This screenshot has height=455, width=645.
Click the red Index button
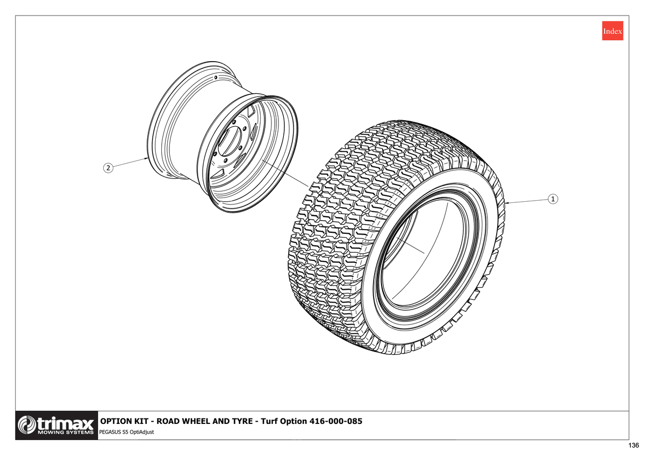click(612, 31)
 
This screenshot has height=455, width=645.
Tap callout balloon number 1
click(553, 199)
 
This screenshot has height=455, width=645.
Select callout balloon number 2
click(108, 168)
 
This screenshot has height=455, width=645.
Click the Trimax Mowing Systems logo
click(56, 425)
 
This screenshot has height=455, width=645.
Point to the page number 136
click(634, 445)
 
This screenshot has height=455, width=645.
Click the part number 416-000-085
click(336, 421)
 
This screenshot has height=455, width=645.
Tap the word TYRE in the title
click(240, 421)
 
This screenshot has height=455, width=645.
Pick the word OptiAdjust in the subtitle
click(142, 432)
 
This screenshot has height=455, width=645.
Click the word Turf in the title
click(269, 421)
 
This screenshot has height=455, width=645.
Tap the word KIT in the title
click(142, 421)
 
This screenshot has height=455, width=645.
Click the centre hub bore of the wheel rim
click(230, 142)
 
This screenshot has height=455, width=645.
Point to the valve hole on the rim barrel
click(216, 78)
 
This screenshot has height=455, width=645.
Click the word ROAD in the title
click(168, 421)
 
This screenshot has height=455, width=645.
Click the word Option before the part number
click(293, 421)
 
